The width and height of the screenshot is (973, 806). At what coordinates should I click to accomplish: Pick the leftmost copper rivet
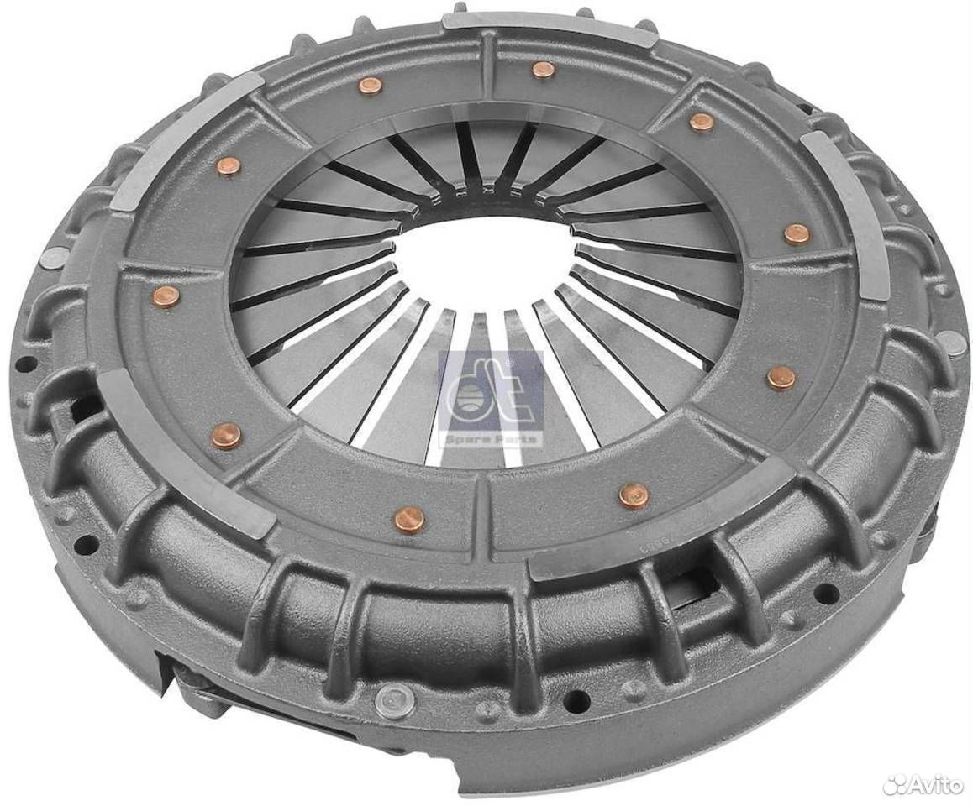coord(163,296)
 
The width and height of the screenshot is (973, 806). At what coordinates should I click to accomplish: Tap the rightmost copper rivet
coord(796,233)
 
